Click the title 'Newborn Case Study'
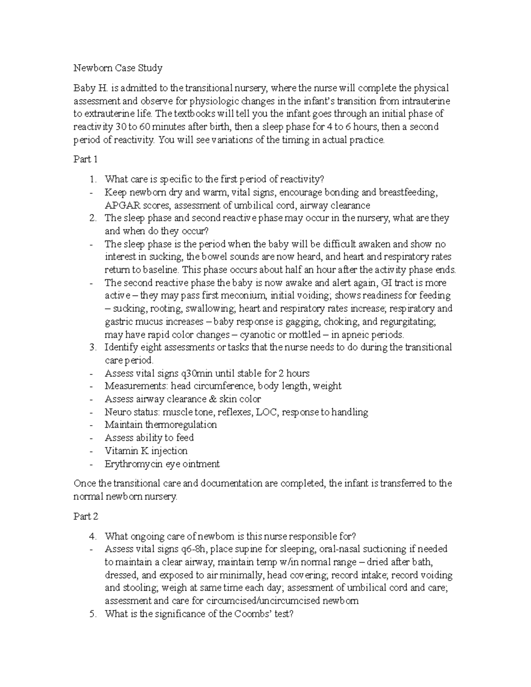point(118,68)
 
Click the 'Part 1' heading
point(85,159)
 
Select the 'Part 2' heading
point(85,516)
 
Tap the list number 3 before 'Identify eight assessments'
point(92,347)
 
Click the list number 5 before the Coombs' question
point(92,614)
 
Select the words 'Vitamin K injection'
point(146,451)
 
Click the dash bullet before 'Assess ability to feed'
point(91,438)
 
